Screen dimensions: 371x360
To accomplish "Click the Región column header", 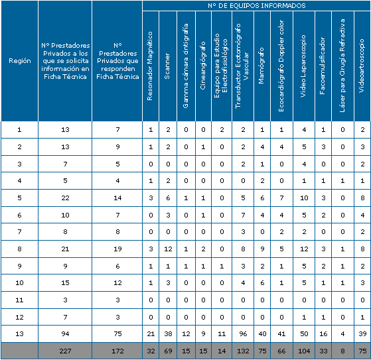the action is point(20,61).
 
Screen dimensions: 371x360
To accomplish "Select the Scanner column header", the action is point(167,66).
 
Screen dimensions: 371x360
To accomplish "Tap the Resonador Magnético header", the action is point(150,66).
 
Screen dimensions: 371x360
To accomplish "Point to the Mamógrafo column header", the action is point(261,66).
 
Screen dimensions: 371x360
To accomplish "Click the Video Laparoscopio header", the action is point(303,66).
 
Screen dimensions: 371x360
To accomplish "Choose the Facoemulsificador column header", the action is point(323,66).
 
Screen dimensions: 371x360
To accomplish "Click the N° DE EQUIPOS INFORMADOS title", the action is point(257,6).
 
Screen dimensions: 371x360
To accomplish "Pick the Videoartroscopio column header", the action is point(361,66).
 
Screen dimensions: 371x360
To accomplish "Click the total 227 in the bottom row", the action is point(65,351).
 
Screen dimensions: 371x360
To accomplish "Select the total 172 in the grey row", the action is point(117,351).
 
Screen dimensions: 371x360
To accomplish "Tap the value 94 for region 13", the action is point(65,333).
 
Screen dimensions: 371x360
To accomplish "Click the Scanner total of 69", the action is point(168,351).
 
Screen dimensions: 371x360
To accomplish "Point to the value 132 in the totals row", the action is point(243,351).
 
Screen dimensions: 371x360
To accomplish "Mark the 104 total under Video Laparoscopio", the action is point(304,351).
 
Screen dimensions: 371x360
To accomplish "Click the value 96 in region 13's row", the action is point(243,333).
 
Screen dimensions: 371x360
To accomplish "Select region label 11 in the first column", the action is point(19,300).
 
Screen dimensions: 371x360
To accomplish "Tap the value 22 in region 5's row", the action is point(65,198).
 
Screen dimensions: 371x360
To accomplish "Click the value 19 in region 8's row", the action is point(117,249).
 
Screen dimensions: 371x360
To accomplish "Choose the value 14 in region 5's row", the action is point(117,198).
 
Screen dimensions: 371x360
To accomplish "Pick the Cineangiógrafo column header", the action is point(203,66).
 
